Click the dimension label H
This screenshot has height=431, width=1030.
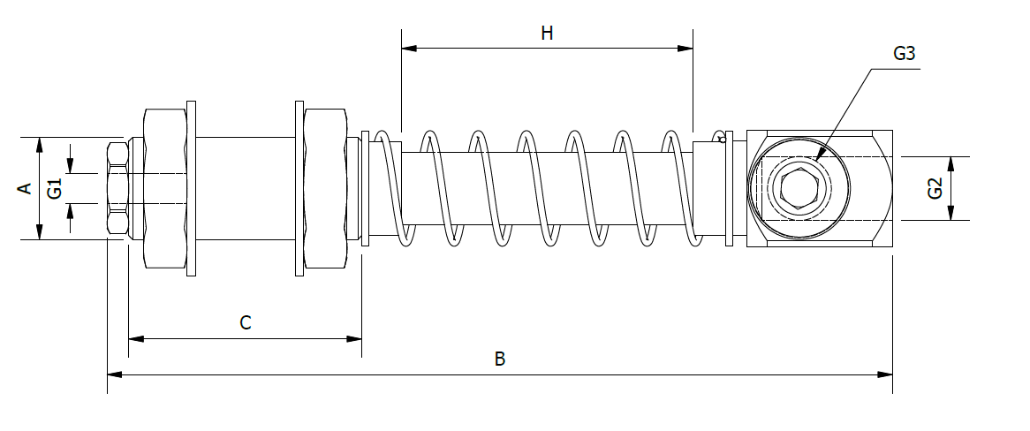pyautogui.click(x=547, y=34)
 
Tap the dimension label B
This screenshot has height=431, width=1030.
pyautogui.click(x=500, y=359)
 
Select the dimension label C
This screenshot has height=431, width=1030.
pyautogui.click(x=246, y=323)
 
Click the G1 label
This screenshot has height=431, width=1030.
pyautogui.click(x=55, y=188)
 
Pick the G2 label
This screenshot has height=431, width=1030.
pyautogui.click(x=935, y=188)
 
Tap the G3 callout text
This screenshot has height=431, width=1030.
pyautogui.click(x=904, y=53)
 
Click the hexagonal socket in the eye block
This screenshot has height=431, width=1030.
pyautogui.click(x=798, y=188)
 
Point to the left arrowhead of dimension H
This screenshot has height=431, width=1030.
pyautogui.click(x=408, y=49)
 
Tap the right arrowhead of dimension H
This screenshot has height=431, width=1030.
pyautogui.click(x=686, y=49)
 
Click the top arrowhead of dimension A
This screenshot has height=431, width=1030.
pyautogui.click(x=39, y=143)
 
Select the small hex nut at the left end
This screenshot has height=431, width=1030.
pyautogui.click(x=117, y=188)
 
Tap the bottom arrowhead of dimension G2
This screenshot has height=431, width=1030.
pyautogui.click(x=950, y=214)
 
